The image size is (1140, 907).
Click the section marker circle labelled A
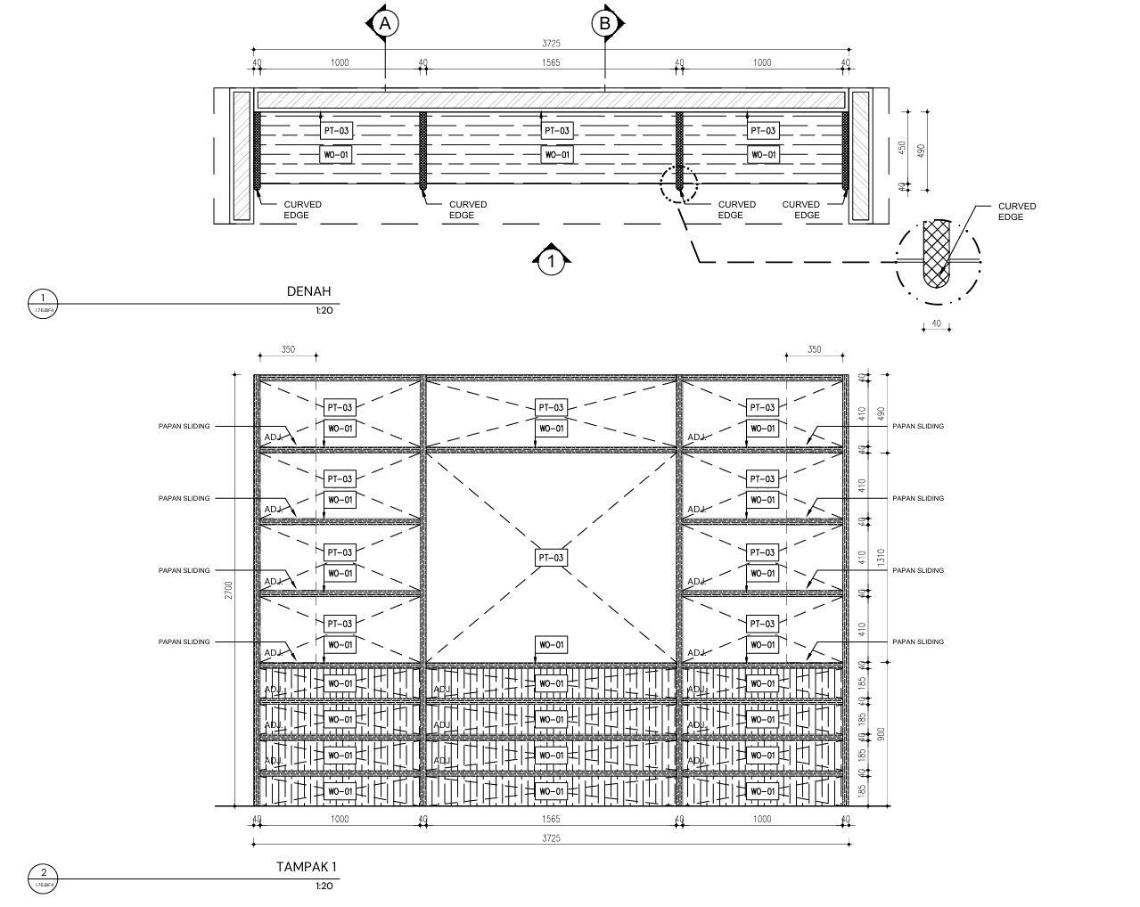[x=384, y=23]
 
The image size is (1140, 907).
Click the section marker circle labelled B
[x=605, y=23]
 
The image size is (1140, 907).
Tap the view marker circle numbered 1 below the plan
[x=552, y=262]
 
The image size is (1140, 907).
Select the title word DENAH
[x=308, y=291]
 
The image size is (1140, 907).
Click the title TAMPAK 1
[x=306, y=866]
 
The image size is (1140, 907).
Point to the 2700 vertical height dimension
[x=229, y=591]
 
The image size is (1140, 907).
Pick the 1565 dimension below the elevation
[x=551, y=819]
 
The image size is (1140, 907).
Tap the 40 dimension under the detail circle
[x=936, y=323]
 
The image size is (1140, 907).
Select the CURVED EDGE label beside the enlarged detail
[x=1016, y=211]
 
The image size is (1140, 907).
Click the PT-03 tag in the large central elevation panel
[x=551, y=558]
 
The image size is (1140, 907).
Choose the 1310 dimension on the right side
[x=881, y=558]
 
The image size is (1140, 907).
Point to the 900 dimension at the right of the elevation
[x=881, y=733]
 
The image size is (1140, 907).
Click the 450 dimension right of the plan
[x=902, y=147]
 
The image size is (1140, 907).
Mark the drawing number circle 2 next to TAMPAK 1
[x=43, y=874]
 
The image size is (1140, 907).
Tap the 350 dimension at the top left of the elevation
[x=288, y=349]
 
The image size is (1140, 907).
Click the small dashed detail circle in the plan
[x=679, y=184]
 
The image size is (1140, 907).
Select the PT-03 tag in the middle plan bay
[x=557, y=131]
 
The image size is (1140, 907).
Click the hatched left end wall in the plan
[x=242, y=155]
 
